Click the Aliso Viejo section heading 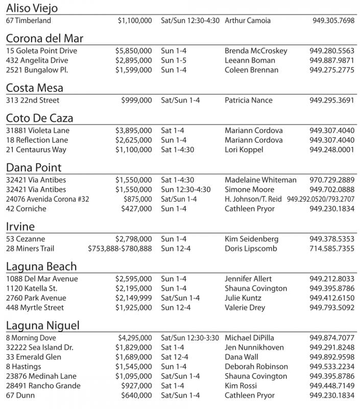pos(32,8)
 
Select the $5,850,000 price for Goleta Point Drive pos(133,51)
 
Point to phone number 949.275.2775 pos(331,70)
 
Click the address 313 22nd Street pos(33,100)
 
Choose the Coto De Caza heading pos(40,118)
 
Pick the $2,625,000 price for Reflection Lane pos(133,140)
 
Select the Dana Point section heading pos(34,168)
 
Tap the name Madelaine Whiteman pos(260,180)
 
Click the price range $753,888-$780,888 pos(120,248)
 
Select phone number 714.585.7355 pos(331,248)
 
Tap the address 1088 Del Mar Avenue pos(42,279)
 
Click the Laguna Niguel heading pos(43,326)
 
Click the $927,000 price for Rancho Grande pos(136,386)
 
